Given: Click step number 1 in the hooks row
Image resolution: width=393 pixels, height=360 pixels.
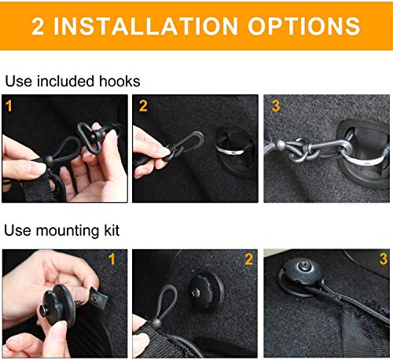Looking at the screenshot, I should tap(10, 105).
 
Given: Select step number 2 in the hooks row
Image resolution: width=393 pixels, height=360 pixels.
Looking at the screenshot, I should tap(142, 105).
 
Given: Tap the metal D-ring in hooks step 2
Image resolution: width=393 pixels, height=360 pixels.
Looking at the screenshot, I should tap(221, 144).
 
